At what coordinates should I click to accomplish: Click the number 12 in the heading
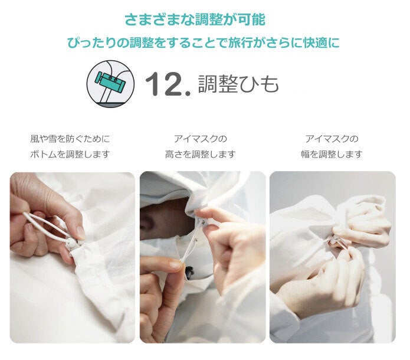(163, 84)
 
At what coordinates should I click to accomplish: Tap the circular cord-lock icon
(110, 84)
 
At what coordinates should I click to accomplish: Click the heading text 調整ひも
(238, 84)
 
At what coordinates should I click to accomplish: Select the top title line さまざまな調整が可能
(195, 19)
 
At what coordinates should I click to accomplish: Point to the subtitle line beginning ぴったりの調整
(203, 42)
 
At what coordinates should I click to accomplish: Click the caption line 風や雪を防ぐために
(70, 139)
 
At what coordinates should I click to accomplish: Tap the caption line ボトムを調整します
(70, 154)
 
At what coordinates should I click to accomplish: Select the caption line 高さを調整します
(201, 154)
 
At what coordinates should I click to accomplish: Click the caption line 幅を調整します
(332, 154)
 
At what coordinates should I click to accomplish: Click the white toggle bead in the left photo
(71, 244)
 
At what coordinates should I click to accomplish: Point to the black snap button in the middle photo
(189, 272)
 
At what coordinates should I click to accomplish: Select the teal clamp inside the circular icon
(110, 81)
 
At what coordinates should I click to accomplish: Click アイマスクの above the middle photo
(201, 139)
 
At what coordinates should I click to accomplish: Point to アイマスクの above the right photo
(332, 139)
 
